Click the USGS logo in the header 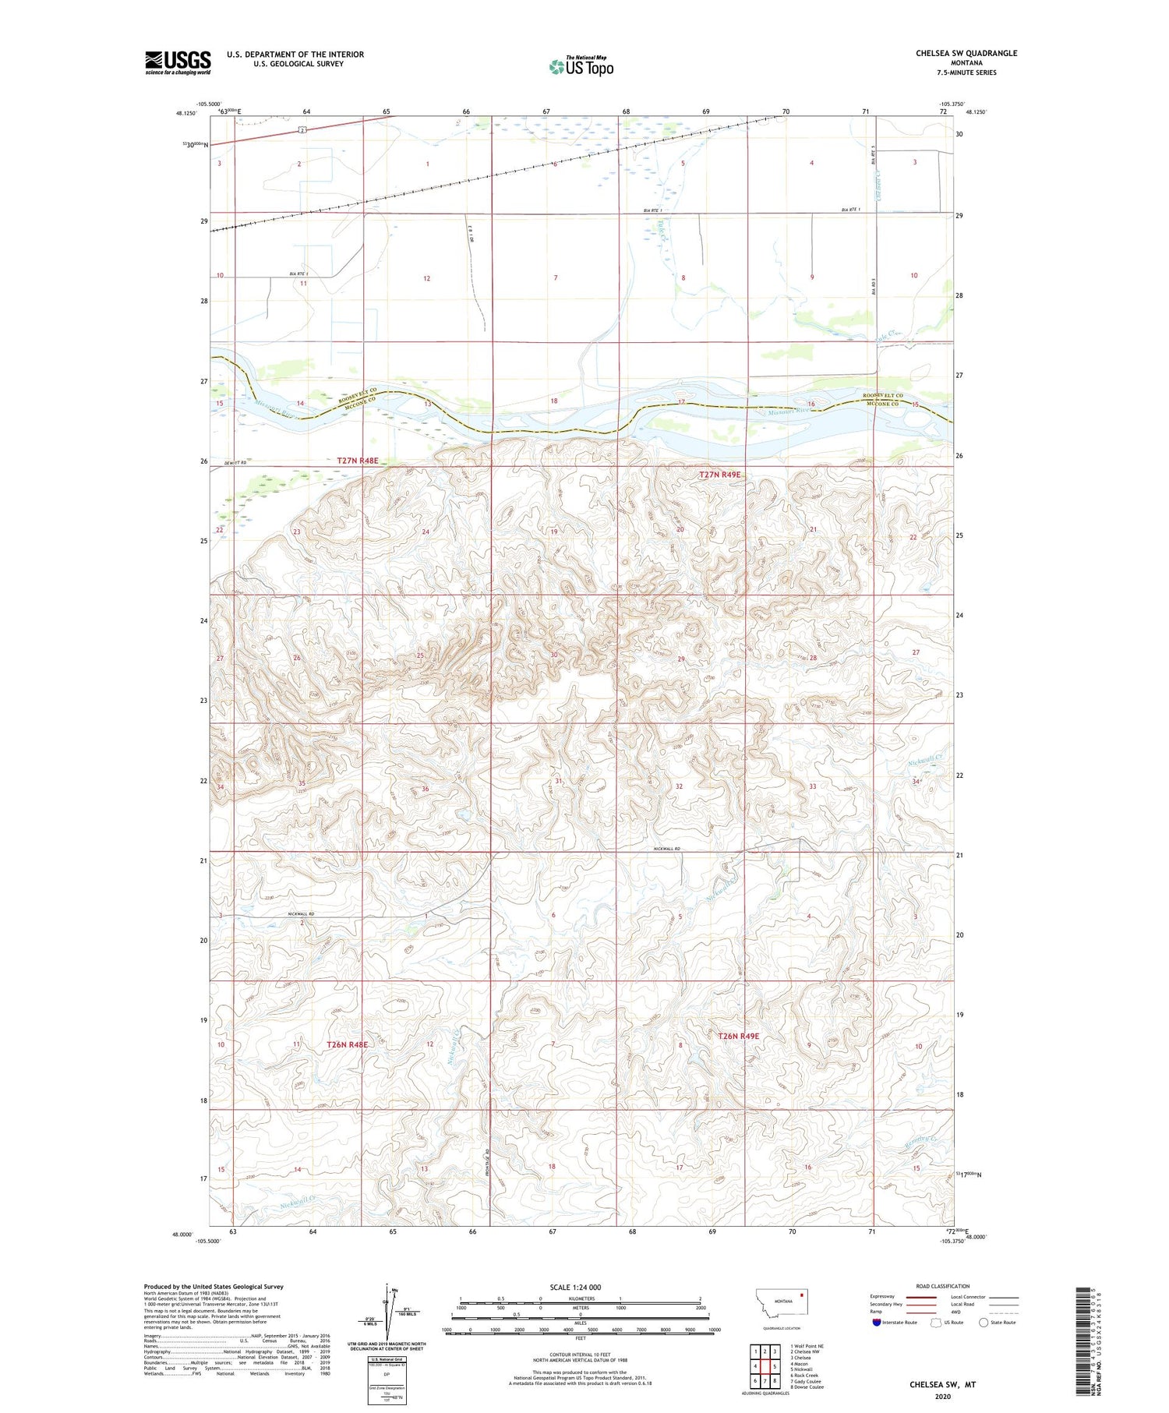[178, 62]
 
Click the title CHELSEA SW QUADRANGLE [966, 53]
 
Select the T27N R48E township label [357, 461]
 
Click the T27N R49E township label [719, 474]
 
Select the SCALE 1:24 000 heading [575, 1287]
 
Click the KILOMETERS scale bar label [581, 1298]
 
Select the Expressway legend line [923, 1297]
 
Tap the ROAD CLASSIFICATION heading [943, 1286]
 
